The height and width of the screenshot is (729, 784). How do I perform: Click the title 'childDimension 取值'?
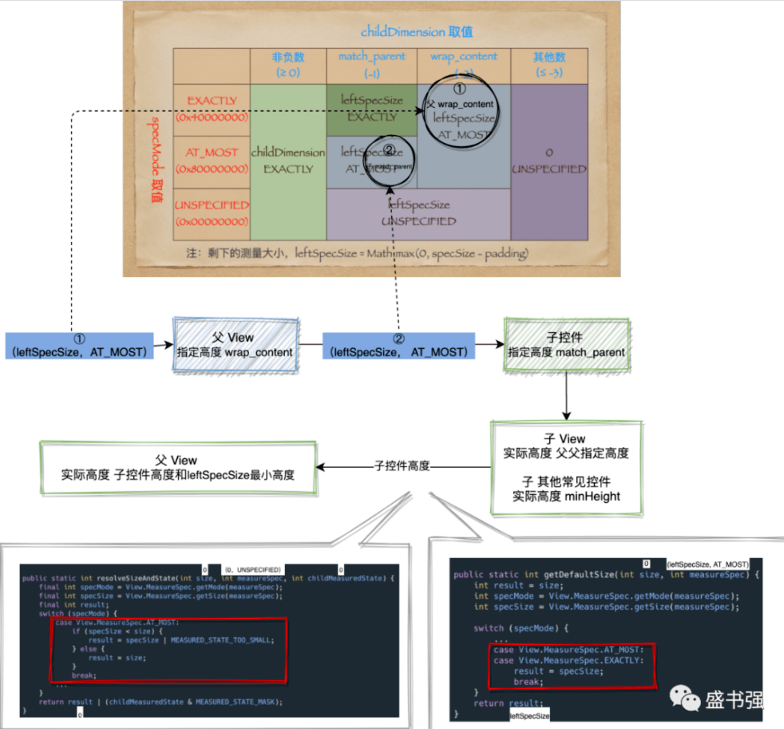point(416,32)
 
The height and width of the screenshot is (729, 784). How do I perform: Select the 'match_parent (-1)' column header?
point(371,65)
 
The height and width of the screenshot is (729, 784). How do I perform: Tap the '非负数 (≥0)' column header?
point(287,65)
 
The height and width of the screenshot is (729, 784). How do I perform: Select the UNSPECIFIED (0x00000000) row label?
point(212,212)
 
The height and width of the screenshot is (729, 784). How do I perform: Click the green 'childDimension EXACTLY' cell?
point(288,160)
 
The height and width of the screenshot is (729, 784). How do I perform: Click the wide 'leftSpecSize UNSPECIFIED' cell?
point(418,213)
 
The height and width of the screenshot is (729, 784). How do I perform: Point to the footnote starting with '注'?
point(356,253)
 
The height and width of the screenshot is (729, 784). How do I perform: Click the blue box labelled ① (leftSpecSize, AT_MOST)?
point(79,344)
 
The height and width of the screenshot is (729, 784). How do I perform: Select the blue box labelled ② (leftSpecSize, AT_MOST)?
point(398,344)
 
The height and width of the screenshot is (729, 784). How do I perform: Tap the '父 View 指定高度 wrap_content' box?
point(236,344)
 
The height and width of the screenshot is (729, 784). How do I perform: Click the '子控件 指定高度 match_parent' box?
point(566,344)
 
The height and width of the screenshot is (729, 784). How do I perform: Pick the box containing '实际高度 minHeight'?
point(565,466)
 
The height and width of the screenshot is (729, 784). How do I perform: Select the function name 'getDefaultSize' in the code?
point(576,575)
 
